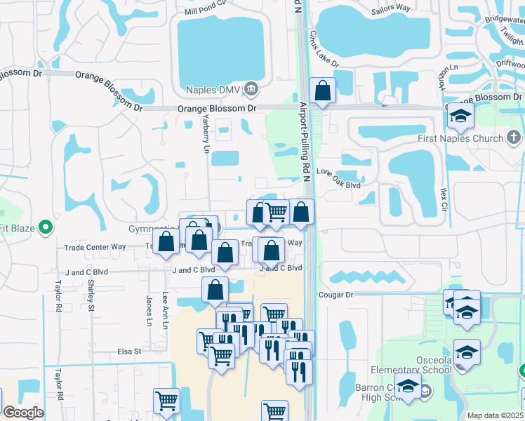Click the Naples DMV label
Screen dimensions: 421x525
[213, 89]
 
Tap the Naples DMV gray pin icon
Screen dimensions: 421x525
[253, 89]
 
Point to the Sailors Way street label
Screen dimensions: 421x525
[391, 8]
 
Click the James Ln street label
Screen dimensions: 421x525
[149, 307]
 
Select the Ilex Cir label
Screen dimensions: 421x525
[443, 197]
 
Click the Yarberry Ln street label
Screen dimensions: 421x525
[206, 129]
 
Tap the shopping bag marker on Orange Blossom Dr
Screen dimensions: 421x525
[322, 91]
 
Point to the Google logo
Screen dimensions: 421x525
[22, 413]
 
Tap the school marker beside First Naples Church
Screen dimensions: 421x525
[460, 116]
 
